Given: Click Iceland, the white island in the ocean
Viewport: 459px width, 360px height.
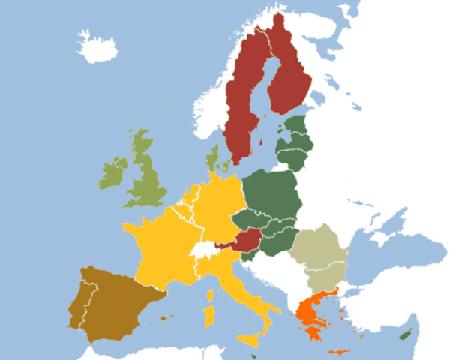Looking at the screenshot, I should click(96, 49).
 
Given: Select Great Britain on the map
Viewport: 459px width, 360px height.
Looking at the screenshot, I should click(147, 176).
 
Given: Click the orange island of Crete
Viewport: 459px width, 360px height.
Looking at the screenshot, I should click(340, 352).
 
